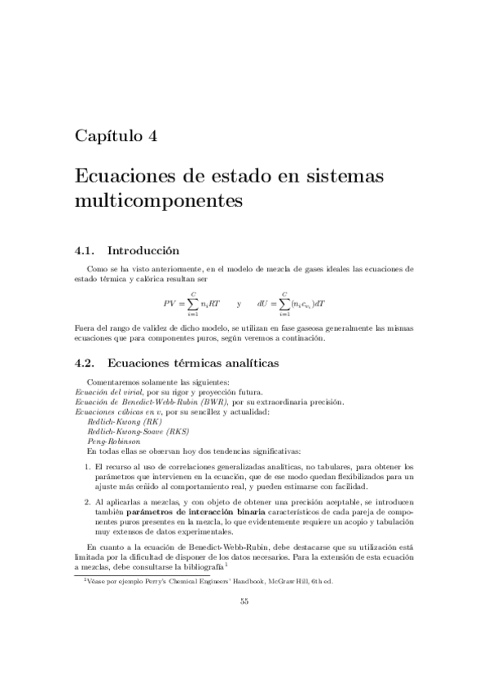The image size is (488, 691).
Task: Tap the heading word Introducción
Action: (143, 251)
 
